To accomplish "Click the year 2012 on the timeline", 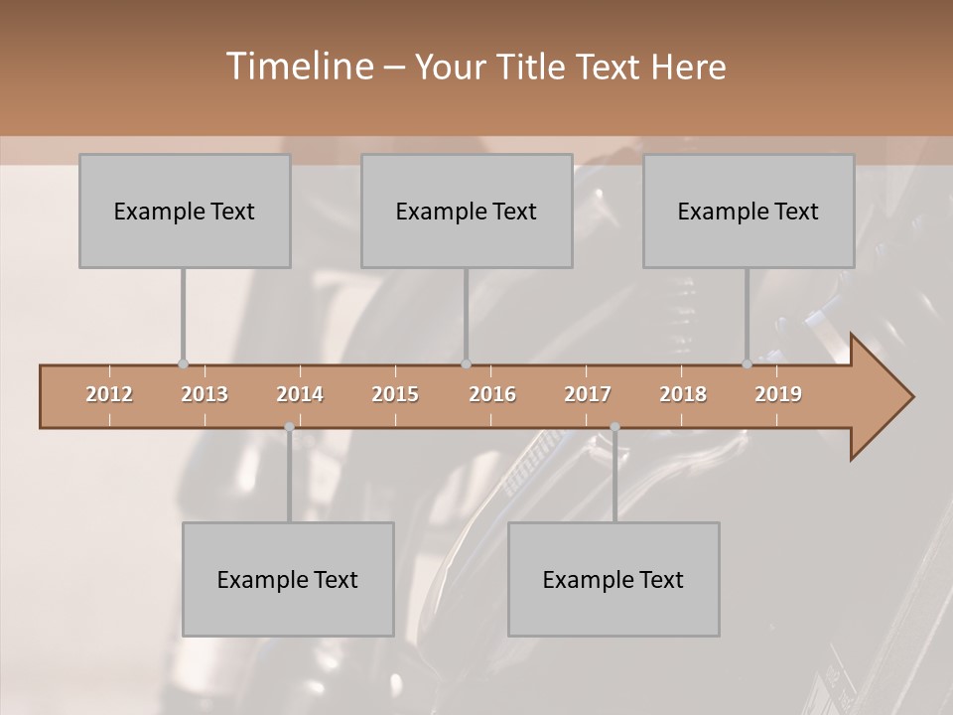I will coord(109,394).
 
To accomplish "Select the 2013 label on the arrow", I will coord(204,394).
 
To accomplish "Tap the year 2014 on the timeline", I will coord(300,394).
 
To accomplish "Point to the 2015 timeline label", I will coord(395,394).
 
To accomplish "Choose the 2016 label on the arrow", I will coord(492,394).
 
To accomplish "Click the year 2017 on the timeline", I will coord(588,394).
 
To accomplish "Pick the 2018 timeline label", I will coord(683,394).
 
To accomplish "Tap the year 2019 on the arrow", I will coord(778,394).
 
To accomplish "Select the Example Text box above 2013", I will coord(185,211).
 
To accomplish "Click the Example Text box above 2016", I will coord(467,211).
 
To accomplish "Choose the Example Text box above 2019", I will coord(749,211).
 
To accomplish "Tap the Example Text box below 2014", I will coord(288,579).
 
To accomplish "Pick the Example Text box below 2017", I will coord(613,579).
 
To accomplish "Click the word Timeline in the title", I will coord(297,67).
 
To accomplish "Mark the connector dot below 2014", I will coord(289,427).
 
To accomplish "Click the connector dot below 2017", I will coord(614,427).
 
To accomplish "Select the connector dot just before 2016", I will coord(466,363).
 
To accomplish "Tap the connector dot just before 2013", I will coord(183,363).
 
